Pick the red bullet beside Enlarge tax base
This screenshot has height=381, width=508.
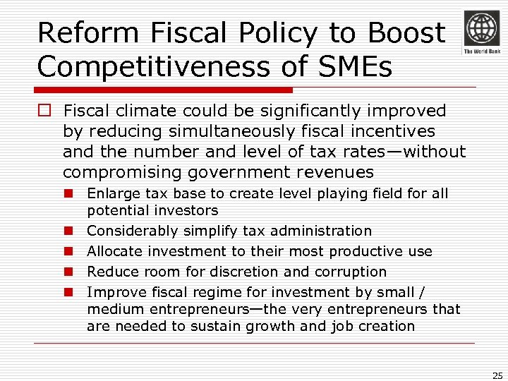pyautogui.click(x=70, y=193)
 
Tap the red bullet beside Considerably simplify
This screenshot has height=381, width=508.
pyautogui.click(x=70, y=231)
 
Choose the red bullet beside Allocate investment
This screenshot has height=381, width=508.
pyautogui.click(x=70, y=251)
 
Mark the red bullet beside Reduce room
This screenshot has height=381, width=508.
pyautogui.click(x=70, y=272)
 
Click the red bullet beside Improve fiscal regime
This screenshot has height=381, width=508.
pyautogui.click(x=70, y=292)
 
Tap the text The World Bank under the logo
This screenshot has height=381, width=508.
pyautogui.click(x=480, y=52)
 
